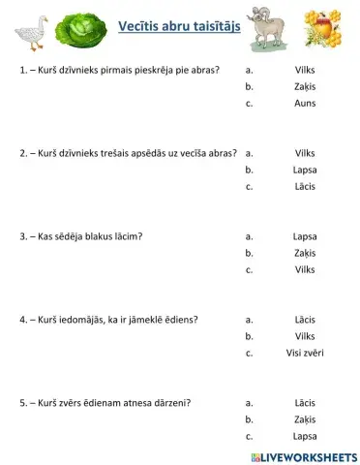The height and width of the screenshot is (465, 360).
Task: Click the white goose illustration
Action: [31, 32]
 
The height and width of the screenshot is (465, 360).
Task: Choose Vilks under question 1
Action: [304, 70]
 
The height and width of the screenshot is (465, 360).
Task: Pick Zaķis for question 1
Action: [304, 86]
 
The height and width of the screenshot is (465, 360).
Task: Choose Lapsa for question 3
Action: [304, 235]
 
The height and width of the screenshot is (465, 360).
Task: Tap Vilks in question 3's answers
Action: [304, 269]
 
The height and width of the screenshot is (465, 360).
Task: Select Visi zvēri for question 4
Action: [304, 353]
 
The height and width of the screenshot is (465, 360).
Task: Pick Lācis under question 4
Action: [304, 319]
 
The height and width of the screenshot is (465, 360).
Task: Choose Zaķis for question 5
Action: [304, 419]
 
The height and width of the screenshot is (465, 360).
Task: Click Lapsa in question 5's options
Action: [304, 436]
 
